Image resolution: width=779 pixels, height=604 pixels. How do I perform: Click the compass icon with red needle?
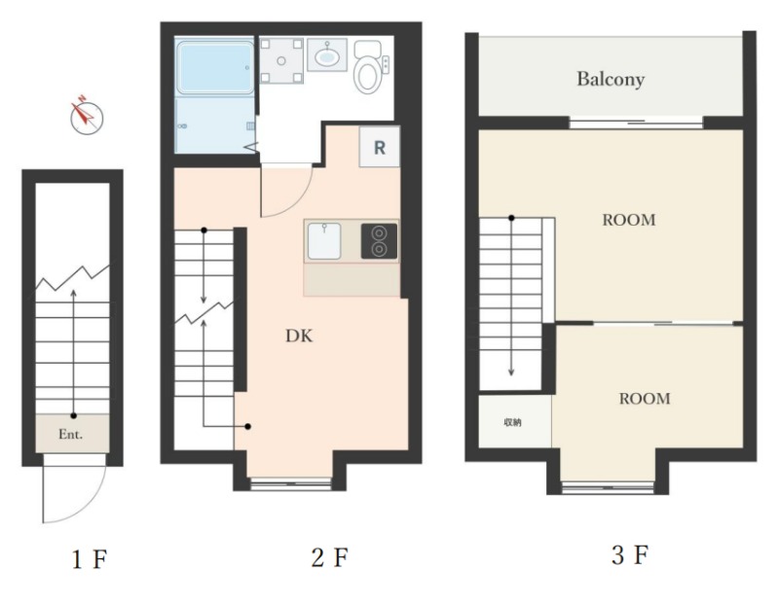[87, 117]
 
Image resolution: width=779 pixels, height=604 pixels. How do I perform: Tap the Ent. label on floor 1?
[70, 435]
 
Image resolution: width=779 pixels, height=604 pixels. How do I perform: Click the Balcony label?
[611, 80]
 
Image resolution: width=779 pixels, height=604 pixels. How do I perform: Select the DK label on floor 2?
[299, 336]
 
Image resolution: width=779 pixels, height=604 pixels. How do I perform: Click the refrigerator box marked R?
[380, 147]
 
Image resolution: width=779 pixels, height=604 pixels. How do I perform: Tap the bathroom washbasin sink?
[326, 55]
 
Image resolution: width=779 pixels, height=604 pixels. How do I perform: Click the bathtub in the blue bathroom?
[215, 68]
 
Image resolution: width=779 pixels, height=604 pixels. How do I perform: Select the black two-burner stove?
[379, 241]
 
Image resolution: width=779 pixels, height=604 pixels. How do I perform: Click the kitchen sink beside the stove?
[324, 241]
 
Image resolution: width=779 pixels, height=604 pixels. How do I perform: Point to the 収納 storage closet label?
[513, 423]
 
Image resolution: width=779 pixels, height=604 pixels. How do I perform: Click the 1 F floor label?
[90, 559]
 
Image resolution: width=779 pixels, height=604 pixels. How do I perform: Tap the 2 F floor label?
[330, 557]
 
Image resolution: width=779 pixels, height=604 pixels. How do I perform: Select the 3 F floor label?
[630, 554]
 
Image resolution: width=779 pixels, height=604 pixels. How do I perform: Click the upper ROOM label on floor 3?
[629, 220]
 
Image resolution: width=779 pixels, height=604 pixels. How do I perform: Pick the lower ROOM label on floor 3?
[645, 399]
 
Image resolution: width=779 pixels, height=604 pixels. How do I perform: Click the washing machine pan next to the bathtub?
[281, 61]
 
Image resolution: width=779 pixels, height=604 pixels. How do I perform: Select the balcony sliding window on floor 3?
[636, 123]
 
